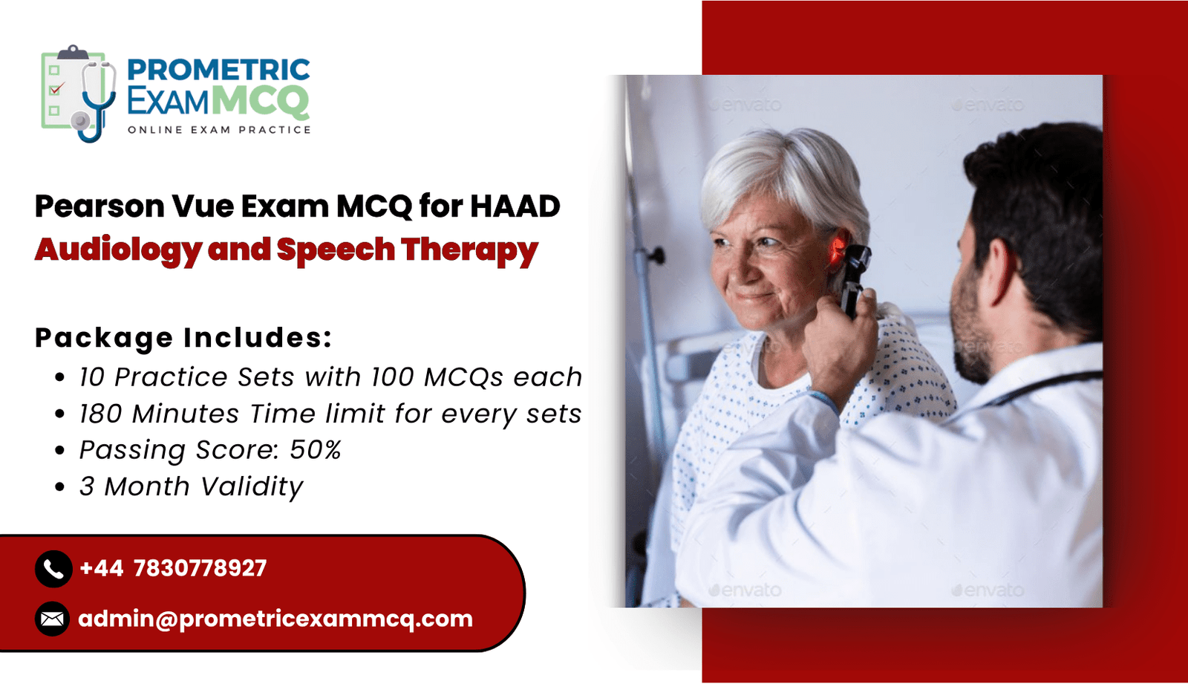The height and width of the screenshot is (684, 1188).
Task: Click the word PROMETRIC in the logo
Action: point(218,70)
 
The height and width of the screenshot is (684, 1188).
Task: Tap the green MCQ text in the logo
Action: point(261,101)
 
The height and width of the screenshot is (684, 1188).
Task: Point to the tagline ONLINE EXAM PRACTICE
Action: point(219,130)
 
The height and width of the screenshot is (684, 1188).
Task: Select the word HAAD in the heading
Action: point(515,206)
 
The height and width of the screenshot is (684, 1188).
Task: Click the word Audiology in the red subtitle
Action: point(118,250)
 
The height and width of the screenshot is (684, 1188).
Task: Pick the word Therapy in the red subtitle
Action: point(469,250)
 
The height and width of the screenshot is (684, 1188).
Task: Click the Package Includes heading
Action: point(183,337)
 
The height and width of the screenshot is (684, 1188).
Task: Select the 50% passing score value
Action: point(315,450)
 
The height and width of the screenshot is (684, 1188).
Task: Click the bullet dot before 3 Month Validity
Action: point(60,486)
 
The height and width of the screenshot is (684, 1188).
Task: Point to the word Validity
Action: point(252,486)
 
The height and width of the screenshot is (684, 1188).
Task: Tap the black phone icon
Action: point(53,569)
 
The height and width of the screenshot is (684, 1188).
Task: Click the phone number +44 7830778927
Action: point(173,568)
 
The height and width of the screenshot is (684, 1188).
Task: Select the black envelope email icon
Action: point(53,619)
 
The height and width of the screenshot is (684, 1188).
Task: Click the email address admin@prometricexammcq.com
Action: point(275,619)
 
